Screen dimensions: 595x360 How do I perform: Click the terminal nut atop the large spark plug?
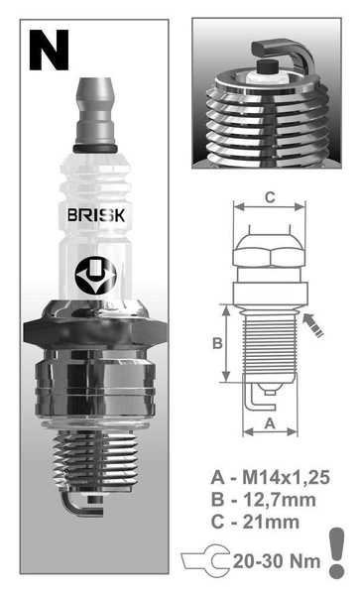95,107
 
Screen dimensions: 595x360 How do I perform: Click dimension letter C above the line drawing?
269,197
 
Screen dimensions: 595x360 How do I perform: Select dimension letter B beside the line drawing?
215,344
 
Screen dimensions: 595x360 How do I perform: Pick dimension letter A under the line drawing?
269,422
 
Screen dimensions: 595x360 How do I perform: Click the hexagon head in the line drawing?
269,253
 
